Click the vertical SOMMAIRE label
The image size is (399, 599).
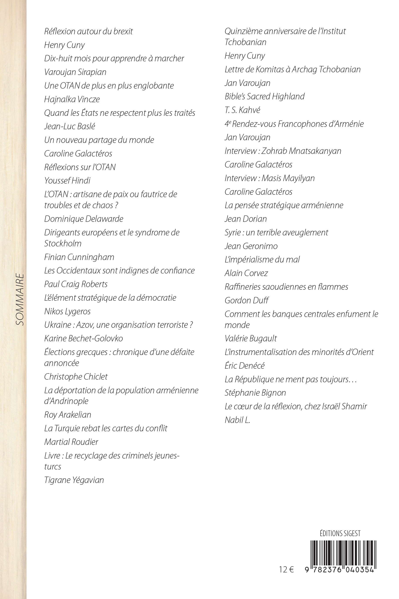(20, 299)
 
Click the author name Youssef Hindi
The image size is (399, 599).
(67, 181)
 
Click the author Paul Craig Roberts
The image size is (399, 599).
(76, 284)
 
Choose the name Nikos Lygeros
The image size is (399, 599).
(67, 311)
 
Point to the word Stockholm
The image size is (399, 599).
(63, 244)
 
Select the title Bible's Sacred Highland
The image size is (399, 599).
(264, 96)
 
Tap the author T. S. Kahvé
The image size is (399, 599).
(242, 110)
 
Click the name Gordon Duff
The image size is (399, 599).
(246, 300)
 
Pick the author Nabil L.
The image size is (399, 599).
(237, 420)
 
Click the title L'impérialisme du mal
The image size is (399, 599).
(262, 260)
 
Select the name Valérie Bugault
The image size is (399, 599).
(251, 339)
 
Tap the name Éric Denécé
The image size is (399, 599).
(244, 366)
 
